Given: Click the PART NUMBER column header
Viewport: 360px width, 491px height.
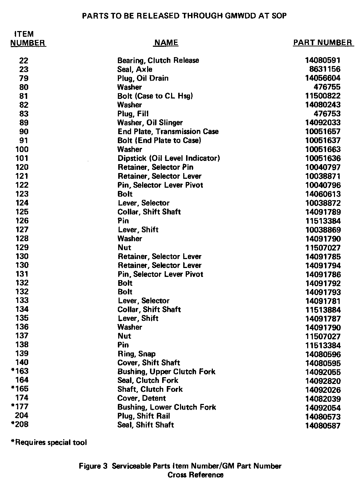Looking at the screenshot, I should (x=322, y=43).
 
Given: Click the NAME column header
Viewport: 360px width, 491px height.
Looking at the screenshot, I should (x=166, y=43).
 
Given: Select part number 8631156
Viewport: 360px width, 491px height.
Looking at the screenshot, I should (x=325, y=69).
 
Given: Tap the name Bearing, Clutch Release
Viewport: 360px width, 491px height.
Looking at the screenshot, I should (x=158, y=60).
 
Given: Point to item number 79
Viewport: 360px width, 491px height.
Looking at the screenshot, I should (x=24, y=78).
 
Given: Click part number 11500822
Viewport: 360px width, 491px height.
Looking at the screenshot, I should (x=323, y=96).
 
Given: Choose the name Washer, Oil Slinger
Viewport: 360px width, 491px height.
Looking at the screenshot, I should (x=150, y=123).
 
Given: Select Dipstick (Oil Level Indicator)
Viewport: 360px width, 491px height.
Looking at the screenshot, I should (x=169, y=158).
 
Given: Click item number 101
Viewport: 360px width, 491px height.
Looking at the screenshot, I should (x=22, y=158).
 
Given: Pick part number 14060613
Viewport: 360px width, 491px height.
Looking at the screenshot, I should (x=323, y=194).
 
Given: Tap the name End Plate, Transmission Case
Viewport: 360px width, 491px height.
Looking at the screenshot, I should (x=168, y=132).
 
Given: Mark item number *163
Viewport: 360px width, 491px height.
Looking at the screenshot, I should (x=20, y=371).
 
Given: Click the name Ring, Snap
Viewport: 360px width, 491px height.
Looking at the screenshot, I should (x=136, y=354).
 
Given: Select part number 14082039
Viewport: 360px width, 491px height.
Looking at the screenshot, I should (x=323, y=399).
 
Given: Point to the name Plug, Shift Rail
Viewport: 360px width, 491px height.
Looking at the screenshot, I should (x=144, y=416).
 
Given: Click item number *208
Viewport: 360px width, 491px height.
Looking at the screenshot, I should (x=20, y=424).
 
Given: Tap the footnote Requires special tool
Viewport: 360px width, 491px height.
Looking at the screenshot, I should (x=49, y=442).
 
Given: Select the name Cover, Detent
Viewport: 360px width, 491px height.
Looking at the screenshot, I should (x=141, y=398).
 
